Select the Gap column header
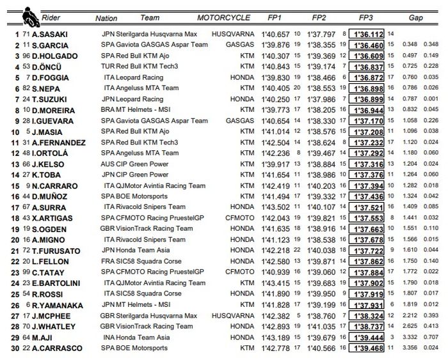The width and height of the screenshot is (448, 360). click(417, 17)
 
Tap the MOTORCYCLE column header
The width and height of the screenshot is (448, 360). click(223, 17)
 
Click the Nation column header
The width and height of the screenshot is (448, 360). click(106, 19)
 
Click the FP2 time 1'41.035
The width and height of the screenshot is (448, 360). click(321, 326)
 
